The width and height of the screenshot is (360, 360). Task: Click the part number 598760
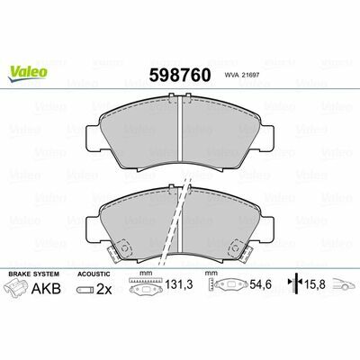pyautogui.click(x=180, y=76)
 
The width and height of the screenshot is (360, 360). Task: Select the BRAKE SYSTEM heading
pyautogui.click(x=34, y=274)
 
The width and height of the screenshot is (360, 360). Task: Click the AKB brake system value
pyautogui.click(x=46, y=289)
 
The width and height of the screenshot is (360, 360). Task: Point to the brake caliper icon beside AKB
pyautogui.click(x=17, y=287)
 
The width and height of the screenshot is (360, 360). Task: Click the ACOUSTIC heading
pyautogui.click(x=94, y=274)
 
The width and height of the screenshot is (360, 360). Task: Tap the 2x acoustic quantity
pyautogui.click(x=103, y=290)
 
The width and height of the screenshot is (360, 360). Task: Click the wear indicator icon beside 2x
pyautogui.click(x=85, y=290)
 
